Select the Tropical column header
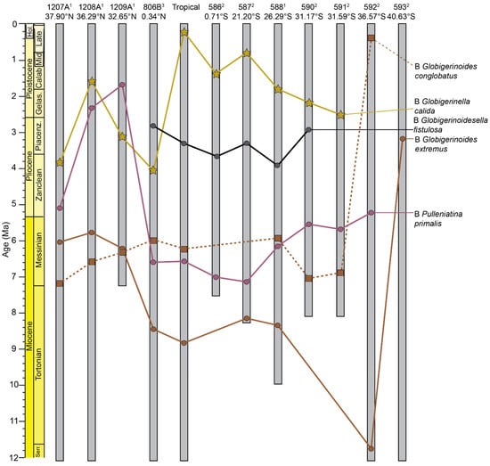click(184, 6)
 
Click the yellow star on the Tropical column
click(184, 32)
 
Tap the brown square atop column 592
click(371, 37)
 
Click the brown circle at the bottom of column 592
click(371, 447)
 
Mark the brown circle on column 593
click(403, 138)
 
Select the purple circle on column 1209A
click(122, 85)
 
